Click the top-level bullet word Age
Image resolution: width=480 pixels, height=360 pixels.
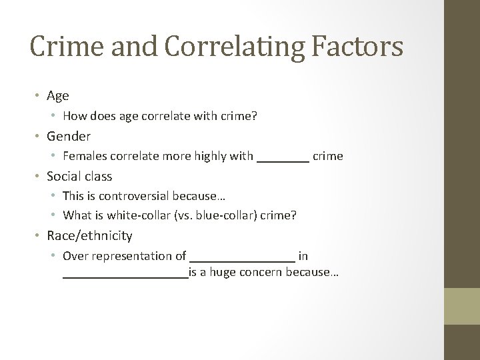click(58, 96)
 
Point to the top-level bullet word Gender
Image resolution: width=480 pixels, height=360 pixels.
click(69, 136)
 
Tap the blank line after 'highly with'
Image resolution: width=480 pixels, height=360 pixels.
click(283, 158)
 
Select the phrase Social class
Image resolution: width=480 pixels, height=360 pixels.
click(79, 177)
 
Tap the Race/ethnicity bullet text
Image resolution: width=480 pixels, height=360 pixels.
click(89, 236)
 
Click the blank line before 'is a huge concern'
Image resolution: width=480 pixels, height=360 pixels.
click(125, 274)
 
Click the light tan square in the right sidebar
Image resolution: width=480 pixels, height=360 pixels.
click(462, 307)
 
